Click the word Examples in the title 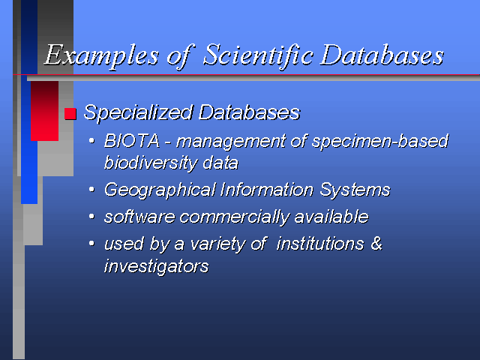tap(101, 55)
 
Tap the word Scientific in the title tap(258, 55)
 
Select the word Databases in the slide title tap(382, 55)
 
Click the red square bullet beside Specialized tap(70, 113)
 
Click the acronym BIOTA tap(132, 141)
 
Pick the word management tap(231, 142)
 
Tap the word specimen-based tap(380, 142)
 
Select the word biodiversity tap(151, 163)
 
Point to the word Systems tap(355, 190)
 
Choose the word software tap(139, 217)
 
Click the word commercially tap(234, 217)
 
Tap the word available tap(331, 217)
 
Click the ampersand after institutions tap(376, 243)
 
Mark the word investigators tap(157, 266)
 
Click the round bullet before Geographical tap(91, 190)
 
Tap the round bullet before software tap(91, 217)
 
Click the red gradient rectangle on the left tap(44, 111)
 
